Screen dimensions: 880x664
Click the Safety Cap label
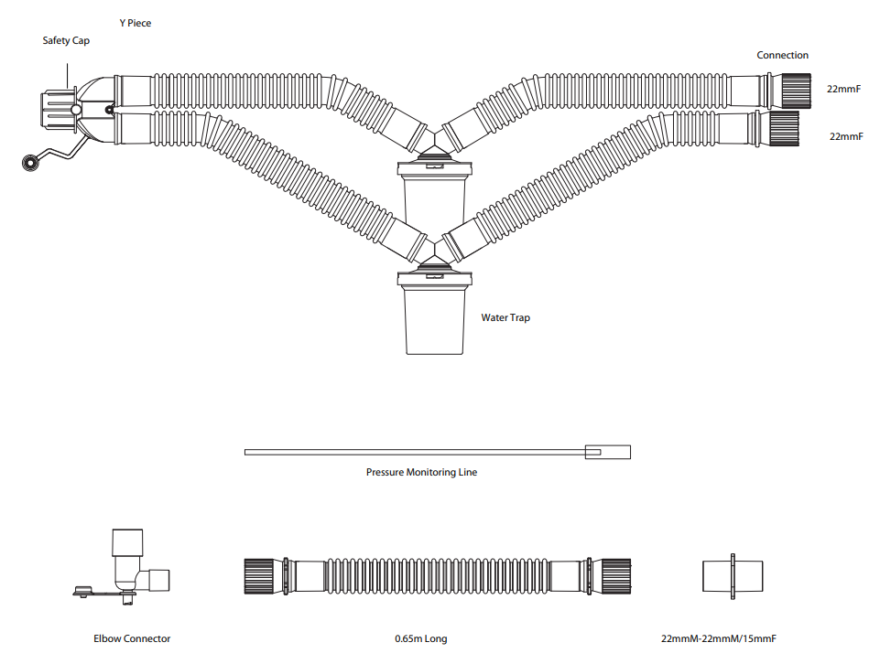[x=66, y=40]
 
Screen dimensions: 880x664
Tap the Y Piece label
[x=136, y=23]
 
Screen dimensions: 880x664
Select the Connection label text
[x=782, y=55]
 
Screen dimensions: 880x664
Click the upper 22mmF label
[x=843, y=89]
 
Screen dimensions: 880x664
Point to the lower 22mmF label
[x=846, y=136]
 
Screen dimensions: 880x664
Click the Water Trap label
[x=505, y=317]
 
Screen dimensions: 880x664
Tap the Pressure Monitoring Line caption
[x=421, y=472]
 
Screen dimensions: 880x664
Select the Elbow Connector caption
[x=132, y=638]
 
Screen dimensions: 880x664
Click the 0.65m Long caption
[x=421, y=638]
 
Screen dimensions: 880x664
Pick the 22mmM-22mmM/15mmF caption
[x=718, y=638]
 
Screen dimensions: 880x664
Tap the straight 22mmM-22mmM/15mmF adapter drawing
[x=733, y=576]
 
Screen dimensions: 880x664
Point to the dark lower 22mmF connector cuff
[x=784, y=128]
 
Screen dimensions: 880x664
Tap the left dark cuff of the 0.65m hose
[x=259, y=576]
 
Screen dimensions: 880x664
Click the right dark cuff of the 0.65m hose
[x=615, y=576]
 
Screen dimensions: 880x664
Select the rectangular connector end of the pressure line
[x=608, y=452]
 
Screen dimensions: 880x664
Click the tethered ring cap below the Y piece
[x=29, y=163]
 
